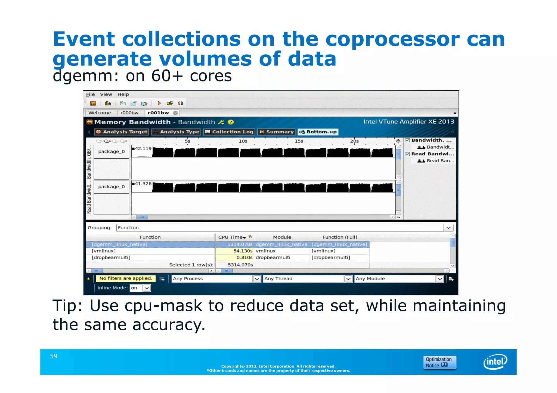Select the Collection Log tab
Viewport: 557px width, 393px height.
pyautogui.click(x=229, y=132)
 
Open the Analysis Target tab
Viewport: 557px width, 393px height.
pyautogui.click(x=122, y=132)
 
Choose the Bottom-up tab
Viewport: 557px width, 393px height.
pyautogui.click(x=318, y=132)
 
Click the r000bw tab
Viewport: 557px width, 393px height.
pyautogui.click(x=129, y=113)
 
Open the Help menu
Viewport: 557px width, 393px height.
pyautogui.click(x=123, y=95)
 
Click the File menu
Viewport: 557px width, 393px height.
pyautogui.click(x=90, y=95)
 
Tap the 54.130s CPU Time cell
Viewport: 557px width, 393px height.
pyautogui.click(x=243, y=251)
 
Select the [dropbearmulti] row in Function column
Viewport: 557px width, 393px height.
pyautogui.click(x=111, y=257)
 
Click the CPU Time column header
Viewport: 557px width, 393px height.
pyautogui.click(x=231, y=237)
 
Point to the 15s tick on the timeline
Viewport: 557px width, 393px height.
pyautogui.click(x=299, y=141)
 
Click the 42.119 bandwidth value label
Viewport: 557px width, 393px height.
pyautogui.click(x=143, y=149)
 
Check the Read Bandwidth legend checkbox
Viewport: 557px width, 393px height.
pyautogui.click(x=407, y=154)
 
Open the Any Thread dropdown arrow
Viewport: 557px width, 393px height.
pyautogui.click(x=348, y=279)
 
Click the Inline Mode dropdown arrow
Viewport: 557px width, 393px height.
pyautogui.click(x=147, y=288)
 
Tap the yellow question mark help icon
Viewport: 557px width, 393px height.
pyautogui.click(x=231, y=122)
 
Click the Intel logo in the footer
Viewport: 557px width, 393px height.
pyautogui.click(x=495, y=361)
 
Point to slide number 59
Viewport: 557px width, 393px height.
pyautogui.click(x=54, y=356)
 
